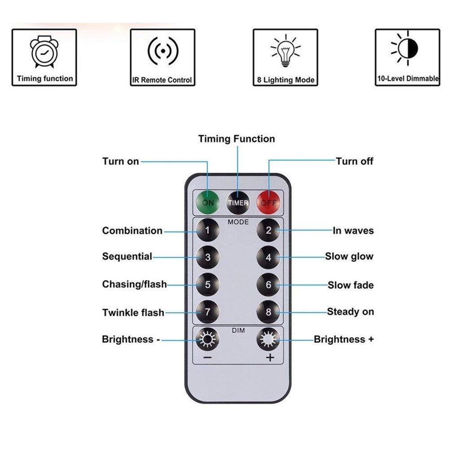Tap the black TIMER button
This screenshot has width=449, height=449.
coord(238,202)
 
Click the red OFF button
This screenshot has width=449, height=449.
coord(269,202)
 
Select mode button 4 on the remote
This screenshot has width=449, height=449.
coord(269,258)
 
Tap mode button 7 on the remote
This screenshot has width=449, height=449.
coord(207,312)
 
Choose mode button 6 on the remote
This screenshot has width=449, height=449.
coord(269,285)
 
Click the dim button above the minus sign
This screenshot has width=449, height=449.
coord(207,339)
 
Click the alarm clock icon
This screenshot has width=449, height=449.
coord(44,52)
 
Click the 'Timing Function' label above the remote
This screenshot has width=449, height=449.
coord(237,139)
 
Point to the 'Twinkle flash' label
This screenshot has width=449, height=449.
coord(133,313)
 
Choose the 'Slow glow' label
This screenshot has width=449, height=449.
coord(349,257)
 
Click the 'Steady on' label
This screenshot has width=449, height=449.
coord(350,312)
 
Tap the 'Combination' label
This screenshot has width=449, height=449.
coord(132,231)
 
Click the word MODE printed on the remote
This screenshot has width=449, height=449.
coord(238,222)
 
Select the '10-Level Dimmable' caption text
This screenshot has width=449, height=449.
coord(407,79)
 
